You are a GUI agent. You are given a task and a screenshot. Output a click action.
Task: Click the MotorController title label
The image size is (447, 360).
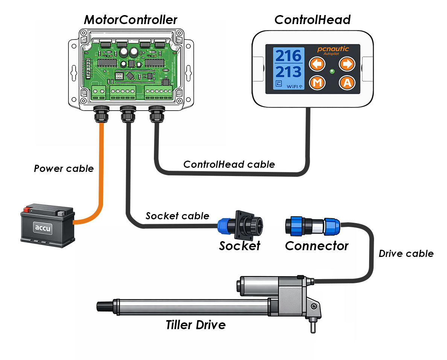point(130,20)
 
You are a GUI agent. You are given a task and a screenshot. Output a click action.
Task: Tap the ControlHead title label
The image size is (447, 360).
point(312,20)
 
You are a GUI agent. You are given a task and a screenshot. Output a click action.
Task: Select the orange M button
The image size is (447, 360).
point(317,83)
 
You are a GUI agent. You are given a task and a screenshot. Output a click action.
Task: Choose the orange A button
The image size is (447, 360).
point(347,83)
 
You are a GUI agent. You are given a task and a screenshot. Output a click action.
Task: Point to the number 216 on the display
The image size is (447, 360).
point(289,56)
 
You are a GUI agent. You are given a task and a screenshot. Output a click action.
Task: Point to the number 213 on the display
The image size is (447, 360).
point(289,72)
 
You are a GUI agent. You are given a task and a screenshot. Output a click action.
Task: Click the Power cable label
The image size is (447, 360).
point(64,169)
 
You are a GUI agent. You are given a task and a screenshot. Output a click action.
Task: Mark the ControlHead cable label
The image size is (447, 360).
point(229,164)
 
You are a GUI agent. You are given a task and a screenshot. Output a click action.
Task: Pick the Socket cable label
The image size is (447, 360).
point(177,216)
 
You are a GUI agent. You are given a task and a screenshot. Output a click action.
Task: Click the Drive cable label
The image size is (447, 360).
point(406,254)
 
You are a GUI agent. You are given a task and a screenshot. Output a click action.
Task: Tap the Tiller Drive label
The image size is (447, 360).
point(196,324)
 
